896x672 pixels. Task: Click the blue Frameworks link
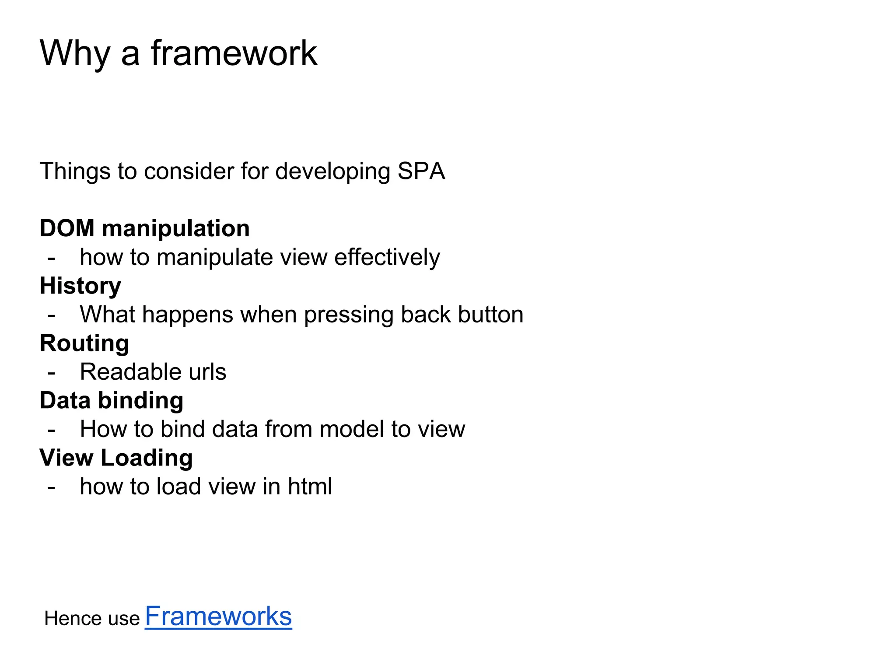click(218, 616)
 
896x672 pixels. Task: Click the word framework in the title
click(234, 53)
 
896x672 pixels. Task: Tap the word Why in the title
click(75, 53)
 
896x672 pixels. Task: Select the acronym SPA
click(421, 171)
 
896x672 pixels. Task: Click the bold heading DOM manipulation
click(145, 228)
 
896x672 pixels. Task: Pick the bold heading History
click(80, 286)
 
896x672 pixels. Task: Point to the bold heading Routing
click(84, 343)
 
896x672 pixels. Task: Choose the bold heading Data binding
click(112, 401)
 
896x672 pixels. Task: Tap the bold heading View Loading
click(116, 458)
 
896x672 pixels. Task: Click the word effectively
click(387, 257)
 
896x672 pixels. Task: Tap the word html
click(310, 486)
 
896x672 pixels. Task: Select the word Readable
click(130, 372)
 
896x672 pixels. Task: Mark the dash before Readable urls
click(52, 373)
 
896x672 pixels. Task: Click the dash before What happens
click(52, 316)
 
